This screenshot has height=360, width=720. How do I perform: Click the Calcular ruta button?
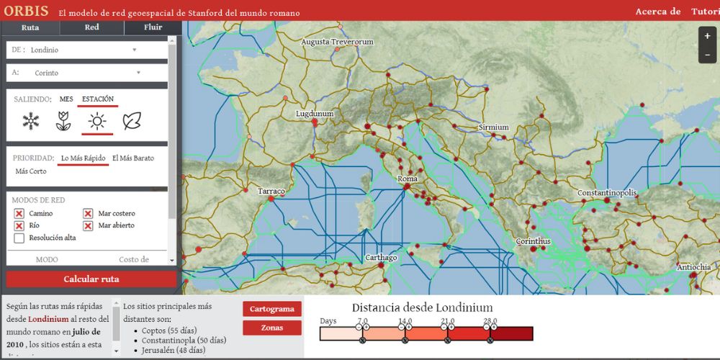point(91,279)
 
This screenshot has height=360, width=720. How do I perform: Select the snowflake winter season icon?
point(31,122)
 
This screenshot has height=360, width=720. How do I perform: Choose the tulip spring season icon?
point(63,122)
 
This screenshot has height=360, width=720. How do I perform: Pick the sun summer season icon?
point(97,122)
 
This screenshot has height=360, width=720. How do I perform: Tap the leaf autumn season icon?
point(132,122)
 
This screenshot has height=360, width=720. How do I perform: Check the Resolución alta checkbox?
point(19,238)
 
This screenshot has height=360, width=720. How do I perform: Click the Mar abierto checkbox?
point(88,225)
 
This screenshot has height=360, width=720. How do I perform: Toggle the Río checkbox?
point(19,225)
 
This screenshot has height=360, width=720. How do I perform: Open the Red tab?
point(91,27)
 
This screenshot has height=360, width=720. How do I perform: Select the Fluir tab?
point(153,27)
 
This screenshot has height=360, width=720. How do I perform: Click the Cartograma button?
point(272,309)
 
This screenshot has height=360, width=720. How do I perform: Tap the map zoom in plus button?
point(707,36)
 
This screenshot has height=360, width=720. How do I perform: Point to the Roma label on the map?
point(408,179)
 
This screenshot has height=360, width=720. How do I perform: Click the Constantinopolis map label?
point(607,193)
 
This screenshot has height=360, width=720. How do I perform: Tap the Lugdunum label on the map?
point(315,114)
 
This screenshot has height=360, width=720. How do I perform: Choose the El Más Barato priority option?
point(133,158)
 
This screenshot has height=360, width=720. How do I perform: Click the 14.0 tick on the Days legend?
point(405,322)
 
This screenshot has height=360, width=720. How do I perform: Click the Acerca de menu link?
point(657,12)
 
